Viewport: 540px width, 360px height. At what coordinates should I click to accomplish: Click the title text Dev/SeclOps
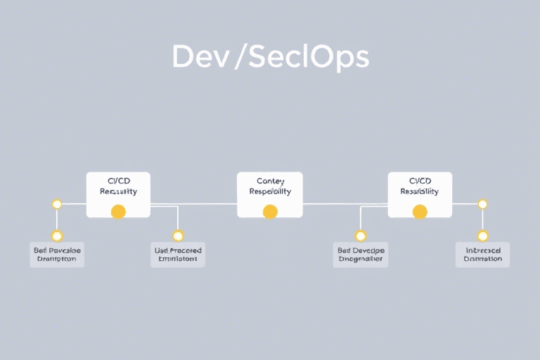point(270,58)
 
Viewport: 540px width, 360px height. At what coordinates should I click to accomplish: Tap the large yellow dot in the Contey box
point(270,211)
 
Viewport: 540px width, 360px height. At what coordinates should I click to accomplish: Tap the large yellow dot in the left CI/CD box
point(118,211)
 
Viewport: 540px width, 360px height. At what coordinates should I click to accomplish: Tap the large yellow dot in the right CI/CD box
point(420,211)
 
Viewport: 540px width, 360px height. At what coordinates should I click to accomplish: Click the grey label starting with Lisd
point(177,255)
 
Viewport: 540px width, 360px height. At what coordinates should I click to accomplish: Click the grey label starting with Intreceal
point(482,255)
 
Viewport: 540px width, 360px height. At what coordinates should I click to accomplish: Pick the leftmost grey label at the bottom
point(57,255)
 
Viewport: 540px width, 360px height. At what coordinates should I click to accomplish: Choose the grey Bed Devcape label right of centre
point(361,255)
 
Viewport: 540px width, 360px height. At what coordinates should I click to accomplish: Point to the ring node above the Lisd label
point(178,236)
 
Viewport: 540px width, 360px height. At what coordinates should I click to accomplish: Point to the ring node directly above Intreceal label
point(482,236)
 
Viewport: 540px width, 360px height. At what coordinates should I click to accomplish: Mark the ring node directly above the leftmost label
point(57,236)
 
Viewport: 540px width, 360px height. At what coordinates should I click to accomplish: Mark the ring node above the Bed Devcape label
point(361,236)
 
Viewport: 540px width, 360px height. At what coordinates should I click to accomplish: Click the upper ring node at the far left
point(57,204)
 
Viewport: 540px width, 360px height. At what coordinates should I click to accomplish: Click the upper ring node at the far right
point(482,204)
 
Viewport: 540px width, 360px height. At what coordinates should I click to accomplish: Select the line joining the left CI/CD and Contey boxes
point(193,205)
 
